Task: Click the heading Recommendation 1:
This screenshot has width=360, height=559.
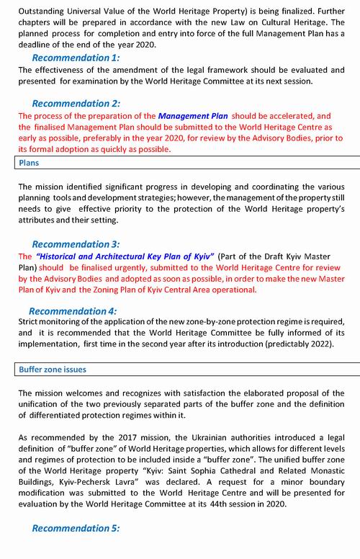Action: click(76, 58)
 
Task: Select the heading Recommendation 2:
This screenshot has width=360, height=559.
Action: click(76, 103)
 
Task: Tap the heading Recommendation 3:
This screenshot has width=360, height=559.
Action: click(76, 244)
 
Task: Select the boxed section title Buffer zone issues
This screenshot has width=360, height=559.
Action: click(52, 370)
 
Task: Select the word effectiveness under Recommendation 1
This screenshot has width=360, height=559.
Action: click(67, 70)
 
